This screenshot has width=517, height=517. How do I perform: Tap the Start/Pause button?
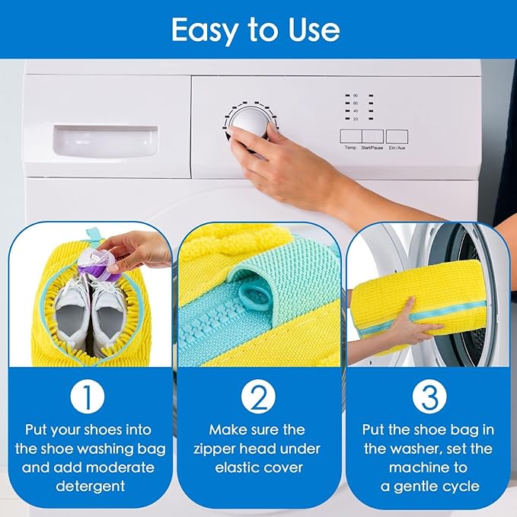tap(372, 137)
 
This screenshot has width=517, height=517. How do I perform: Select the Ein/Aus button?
tap(397, 137)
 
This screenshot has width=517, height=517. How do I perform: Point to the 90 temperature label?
tap(355, 96)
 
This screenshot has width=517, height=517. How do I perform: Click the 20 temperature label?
tap(355, 118)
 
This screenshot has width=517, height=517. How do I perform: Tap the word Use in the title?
tap(312, 30)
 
